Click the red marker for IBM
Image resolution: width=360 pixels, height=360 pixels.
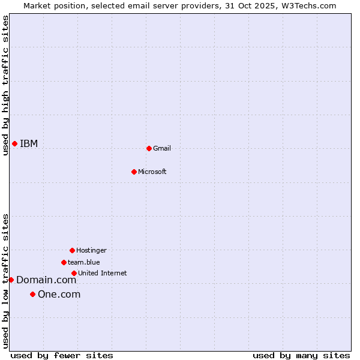14,143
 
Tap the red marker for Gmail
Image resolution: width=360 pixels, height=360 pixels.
149,148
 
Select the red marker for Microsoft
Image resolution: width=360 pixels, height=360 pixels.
134,172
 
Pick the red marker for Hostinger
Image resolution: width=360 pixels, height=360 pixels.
72,250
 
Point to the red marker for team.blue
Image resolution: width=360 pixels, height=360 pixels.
64,262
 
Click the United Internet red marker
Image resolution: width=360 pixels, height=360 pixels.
74,273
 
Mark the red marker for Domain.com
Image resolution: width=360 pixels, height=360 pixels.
11,280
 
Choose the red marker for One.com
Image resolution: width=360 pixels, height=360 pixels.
32,294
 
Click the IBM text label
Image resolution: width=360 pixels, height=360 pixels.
29,143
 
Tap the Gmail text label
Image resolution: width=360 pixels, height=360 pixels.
162,148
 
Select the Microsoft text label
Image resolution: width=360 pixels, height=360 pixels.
152,172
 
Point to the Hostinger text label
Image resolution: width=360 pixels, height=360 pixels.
91,250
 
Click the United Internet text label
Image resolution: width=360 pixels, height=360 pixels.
102,273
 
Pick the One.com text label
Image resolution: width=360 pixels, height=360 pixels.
59,294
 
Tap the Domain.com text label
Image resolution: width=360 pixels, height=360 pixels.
46,280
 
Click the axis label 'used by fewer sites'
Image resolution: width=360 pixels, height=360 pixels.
62,355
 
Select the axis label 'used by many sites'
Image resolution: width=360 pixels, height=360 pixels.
301,355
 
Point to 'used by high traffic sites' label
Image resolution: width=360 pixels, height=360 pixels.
5,85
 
